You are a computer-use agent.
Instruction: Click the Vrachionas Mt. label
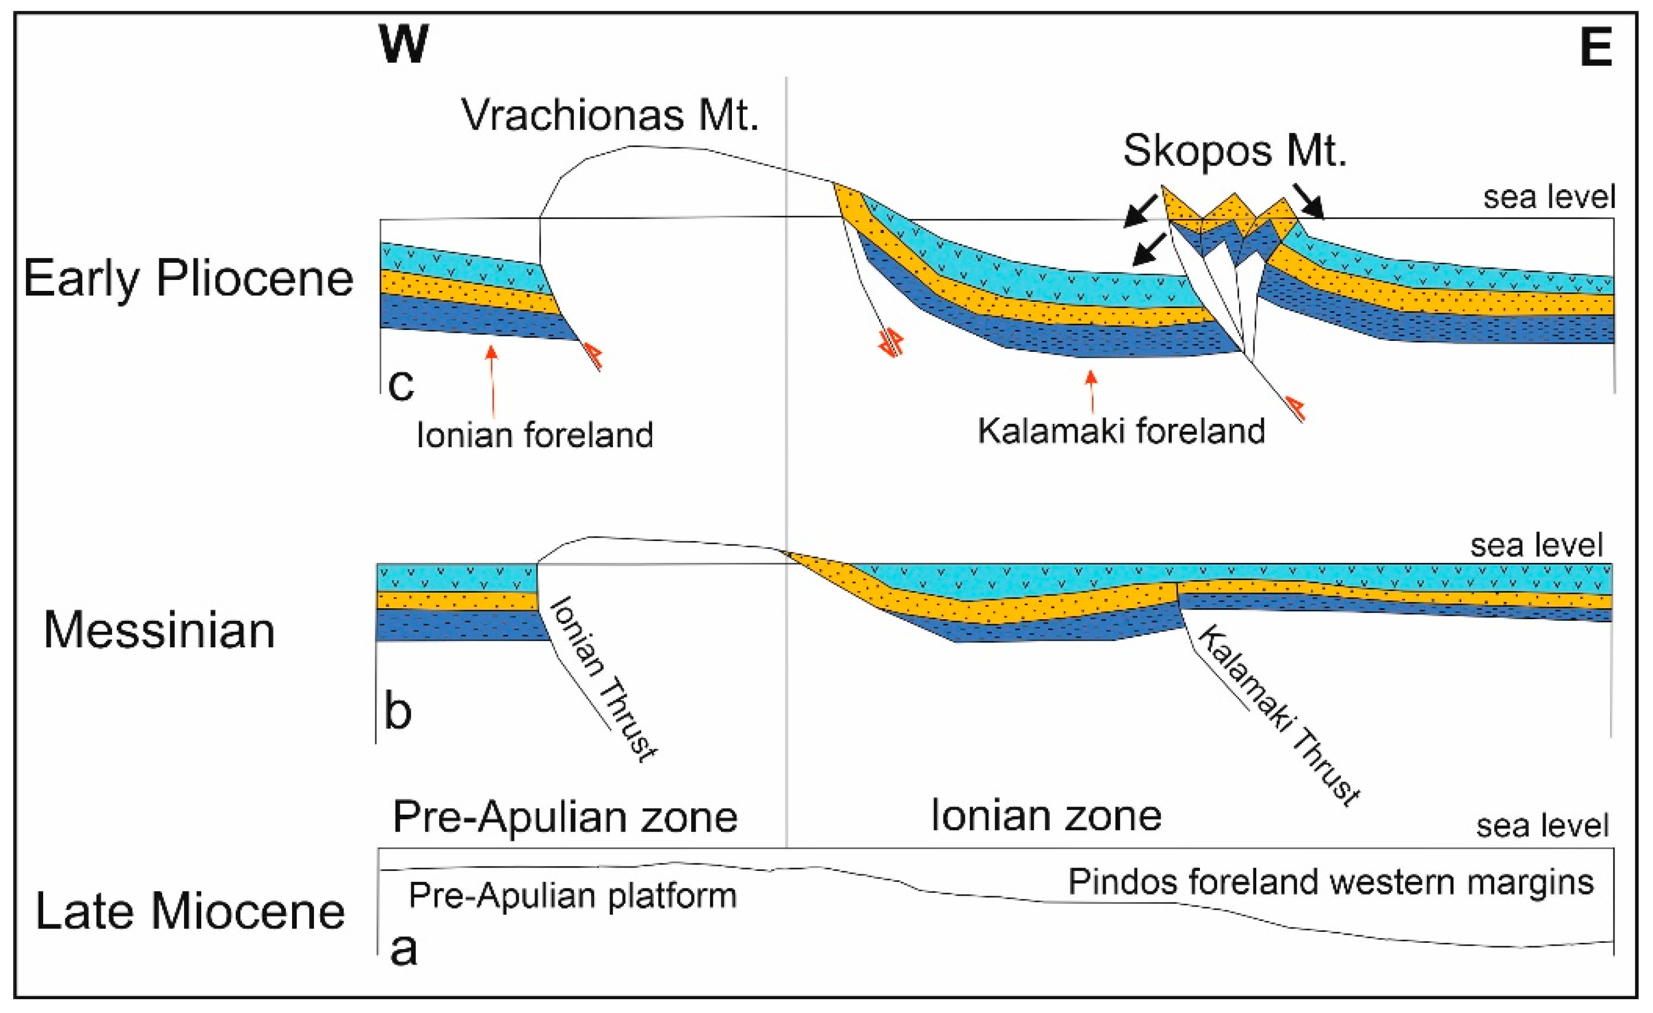(x=610, y=115)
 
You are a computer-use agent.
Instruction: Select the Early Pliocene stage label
(x=189, y=278)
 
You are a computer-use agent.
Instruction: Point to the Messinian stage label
(x=160, y=631)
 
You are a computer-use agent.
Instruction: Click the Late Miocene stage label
(x=190, y=911)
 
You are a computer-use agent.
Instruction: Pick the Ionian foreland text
(x=535, y=435)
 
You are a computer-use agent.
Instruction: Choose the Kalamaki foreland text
(x=1121, y=431)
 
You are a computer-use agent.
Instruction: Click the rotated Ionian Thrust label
(x=602, y=678)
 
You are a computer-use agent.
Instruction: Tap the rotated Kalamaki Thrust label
(x=1278, y=715)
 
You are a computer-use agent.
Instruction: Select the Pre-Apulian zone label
(x=565, y=816)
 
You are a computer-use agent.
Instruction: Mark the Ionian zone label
(x=1046, y=816)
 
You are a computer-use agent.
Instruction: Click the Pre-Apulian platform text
(x=572, y=896)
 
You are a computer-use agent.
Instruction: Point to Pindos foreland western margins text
(x=1331, y=881)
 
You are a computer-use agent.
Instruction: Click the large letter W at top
(x=403, y=44)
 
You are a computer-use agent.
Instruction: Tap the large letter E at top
(x=1596, y=48)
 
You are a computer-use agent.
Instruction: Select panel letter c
(x=401, y=385)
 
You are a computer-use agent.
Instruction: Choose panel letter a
(x=403, y=949)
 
